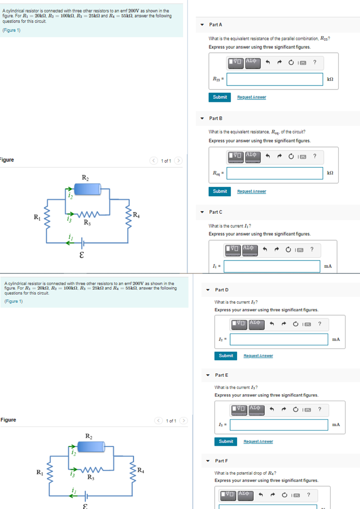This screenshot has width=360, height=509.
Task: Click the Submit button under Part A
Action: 220,97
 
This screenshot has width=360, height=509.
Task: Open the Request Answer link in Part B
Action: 251,191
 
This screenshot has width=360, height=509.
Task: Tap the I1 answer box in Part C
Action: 272,266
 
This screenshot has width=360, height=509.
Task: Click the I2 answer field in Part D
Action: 279,339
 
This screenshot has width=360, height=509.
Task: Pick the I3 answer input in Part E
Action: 279,424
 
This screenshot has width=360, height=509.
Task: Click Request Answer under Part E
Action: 258,441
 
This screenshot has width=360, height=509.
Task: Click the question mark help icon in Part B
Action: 315,156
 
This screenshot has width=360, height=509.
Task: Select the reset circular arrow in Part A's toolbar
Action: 291,63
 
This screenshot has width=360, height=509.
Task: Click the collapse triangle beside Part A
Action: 202,25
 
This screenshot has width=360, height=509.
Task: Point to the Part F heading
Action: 222,461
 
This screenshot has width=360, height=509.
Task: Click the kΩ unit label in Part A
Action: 330,79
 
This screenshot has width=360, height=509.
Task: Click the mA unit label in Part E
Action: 336,424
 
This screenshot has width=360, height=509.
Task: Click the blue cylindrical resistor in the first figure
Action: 88,189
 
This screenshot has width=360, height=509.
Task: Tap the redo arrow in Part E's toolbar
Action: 284,410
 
